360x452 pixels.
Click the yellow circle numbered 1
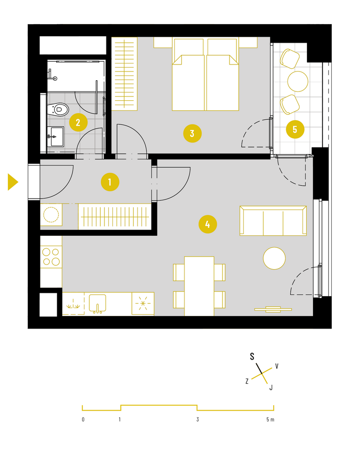click(110, 182)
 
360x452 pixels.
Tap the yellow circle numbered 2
click(78, 122)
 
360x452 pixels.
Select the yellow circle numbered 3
click(192, 133)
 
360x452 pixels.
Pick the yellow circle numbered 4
click(208, 224)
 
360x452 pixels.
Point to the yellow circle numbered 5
click(295, 129)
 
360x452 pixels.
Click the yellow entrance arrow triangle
click(13, 182)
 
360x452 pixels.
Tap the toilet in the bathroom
click(58, 109)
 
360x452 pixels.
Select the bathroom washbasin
click(56, 137)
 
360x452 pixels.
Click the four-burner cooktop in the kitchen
click(51, 257)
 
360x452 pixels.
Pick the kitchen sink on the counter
click(98, 303)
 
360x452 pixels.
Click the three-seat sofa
click(273, 221)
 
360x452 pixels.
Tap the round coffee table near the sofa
click(275, 258)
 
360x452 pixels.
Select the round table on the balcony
click(298, 81)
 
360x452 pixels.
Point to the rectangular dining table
click(199, 286)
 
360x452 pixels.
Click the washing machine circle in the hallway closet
click(51, 214)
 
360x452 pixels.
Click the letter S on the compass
click(252, 356)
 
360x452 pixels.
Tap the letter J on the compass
click(271, 387)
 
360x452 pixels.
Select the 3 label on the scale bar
click(197, 420)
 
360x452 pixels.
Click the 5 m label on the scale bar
click(270, 420)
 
